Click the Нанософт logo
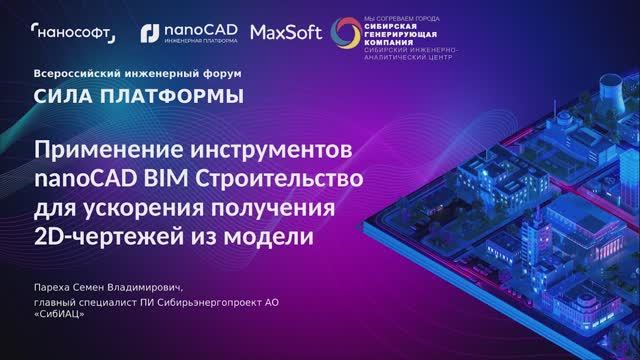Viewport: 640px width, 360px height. [x=74, y=34]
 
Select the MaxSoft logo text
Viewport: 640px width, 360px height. [x=285, y=33]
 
